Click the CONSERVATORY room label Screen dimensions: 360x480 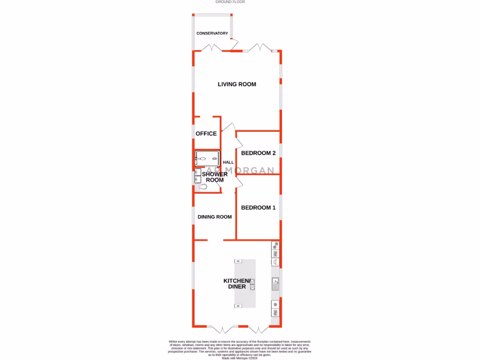pos(212,33)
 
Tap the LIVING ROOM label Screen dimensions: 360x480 pos(237,84)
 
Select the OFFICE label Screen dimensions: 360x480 pos(206,134)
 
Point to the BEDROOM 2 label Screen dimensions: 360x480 pos(258,153)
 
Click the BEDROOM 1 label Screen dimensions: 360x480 pos(258,208)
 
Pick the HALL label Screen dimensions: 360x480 pos(228,162)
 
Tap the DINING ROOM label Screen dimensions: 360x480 pos(215,217)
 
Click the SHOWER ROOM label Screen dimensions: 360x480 pos(215,177)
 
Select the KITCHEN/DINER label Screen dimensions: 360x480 pos(237,284)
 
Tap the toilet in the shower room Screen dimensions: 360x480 pos(204,186)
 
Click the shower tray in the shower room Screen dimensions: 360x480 pos(207,159)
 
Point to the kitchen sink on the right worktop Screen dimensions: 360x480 pos(276,283)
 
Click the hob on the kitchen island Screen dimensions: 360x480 pos(253,284)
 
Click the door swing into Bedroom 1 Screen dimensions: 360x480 pos(238,181)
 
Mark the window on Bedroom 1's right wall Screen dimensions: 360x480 pos(280,207)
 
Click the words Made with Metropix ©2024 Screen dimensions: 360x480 pos(240,358)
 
